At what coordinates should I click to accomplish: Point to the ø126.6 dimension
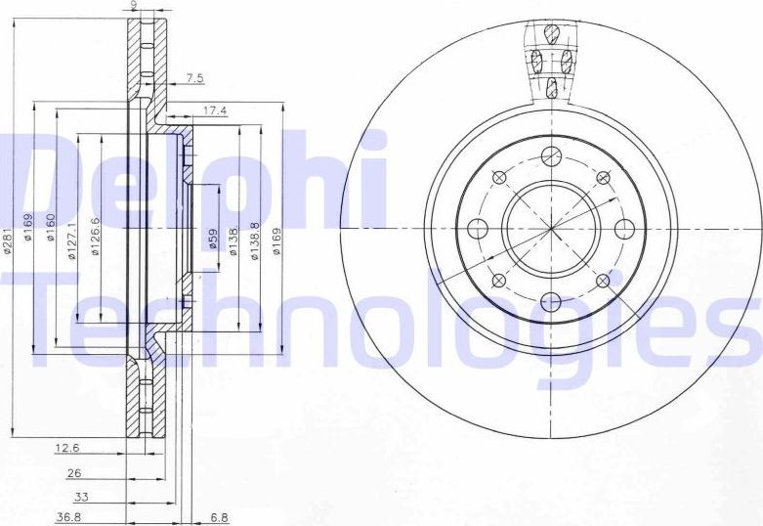click(97, 236)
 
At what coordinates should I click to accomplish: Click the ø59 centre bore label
click(213, 240)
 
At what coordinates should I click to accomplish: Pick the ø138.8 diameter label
click(256, 240)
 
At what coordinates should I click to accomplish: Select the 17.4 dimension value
click(215, 111)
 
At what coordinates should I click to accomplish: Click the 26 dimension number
click(74, 473)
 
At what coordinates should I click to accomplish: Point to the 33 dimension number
click(83, 496)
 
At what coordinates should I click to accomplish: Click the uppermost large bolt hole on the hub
click(550, 154)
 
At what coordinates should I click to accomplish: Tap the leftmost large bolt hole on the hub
click(478, 229)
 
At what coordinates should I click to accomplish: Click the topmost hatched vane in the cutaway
click(551, 33)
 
